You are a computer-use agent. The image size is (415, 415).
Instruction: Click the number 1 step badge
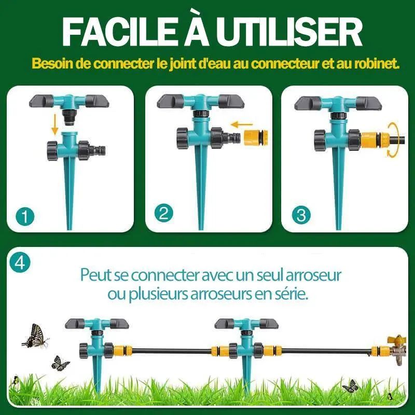pos(25,216)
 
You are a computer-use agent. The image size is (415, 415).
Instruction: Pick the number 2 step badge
pos(164,213)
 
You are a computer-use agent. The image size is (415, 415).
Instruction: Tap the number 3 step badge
pos(301,215)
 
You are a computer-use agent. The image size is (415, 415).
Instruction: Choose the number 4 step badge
pos(20,263)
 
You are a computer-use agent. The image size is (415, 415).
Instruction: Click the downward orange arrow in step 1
pos(55,124)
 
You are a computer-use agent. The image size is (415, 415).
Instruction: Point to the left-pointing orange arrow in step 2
pos(242,124)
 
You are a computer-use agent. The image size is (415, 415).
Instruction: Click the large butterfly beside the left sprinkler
pos(35,336)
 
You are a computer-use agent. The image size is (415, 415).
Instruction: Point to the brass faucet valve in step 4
pos(397,349)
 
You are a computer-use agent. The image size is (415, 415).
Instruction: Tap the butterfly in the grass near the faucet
pos(351,385)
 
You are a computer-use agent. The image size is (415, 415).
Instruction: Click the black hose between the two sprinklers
pos(172,351)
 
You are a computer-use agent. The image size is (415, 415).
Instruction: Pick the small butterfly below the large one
pos(60,363)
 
